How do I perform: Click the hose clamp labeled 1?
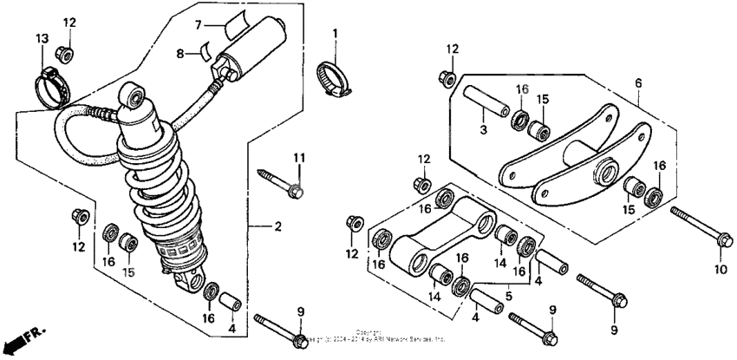pyautogui.click(x=335, y=75)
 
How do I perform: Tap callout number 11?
pyautogui.click(x=298, y=157)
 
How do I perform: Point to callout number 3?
pyautogui.click(x=486, y=129)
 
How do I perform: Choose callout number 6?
pyautogui.click(x=638, y=82)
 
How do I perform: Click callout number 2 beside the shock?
pyautogui.click(x=277, y=227)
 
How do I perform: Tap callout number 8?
pyautogui.click(x=181, y=53)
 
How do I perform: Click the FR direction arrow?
pyautogui.click(x=19, y=336)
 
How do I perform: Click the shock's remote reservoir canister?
pyautogui.click(x=255, y=43)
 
